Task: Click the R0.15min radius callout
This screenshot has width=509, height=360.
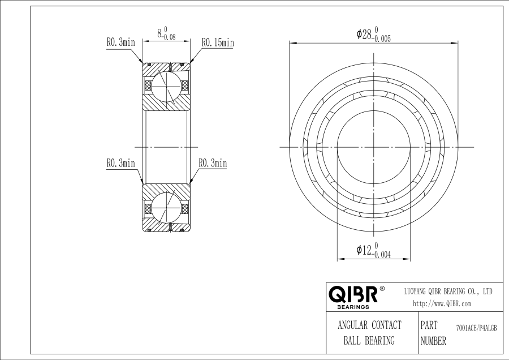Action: (x=218, y=42)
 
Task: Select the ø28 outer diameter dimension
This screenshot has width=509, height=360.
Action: (x=374, y=34)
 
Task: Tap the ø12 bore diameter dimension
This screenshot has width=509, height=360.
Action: (x=374, y=250)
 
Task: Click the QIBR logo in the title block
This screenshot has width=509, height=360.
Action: (x=353, y=294)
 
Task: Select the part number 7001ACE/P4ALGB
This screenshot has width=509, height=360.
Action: (x=477, y=328)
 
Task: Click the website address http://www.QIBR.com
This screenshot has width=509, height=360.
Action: (x=442, y=304)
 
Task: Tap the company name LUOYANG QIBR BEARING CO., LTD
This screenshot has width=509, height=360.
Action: (x=448, y=292)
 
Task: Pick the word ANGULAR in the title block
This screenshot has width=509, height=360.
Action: (x=352, y=325)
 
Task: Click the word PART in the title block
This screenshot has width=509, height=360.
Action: (x=429, y=325)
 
